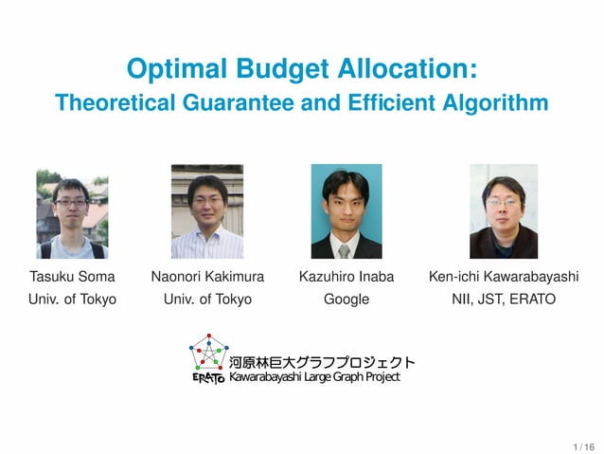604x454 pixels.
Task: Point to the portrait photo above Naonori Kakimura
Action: click(x=206, y=211)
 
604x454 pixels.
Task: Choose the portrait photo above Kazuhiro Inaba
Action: click(x=346, y=211)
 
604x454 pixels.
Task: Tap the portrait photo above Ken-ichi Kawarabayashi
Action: click(x=503, y=211)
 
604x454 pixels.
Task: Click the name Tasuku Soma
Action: click(x=72, y=277)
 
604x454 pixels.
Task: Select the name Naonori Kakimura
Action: click(x=206, y=277)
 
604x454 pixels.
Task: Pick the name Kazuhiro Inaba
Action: click(x=346, y=277)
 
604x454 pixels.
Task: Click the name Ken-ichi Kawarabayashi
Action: click(x=503, y=277)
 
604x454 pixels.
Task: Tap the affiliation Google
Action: click(x=346, y=300)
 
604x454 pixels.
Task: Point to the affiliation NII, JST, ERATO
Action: click(x=503, y=300)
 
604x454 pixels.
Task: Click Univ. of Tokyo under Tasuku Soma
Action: click(x=72, y=300)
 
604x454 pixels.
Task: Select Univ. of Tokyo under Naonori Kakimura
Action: click(x=206, y=300)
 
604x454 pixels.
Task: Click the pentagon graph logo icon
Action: click(x=208, y=355)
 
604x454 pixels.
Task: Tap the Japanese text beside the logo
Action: click(x=322, y=361)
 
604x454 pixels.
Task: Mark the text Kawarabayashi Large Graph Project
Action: click(x=314, y=377)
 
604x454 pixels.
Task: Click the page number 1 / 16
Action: click(x=583, y=445)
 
